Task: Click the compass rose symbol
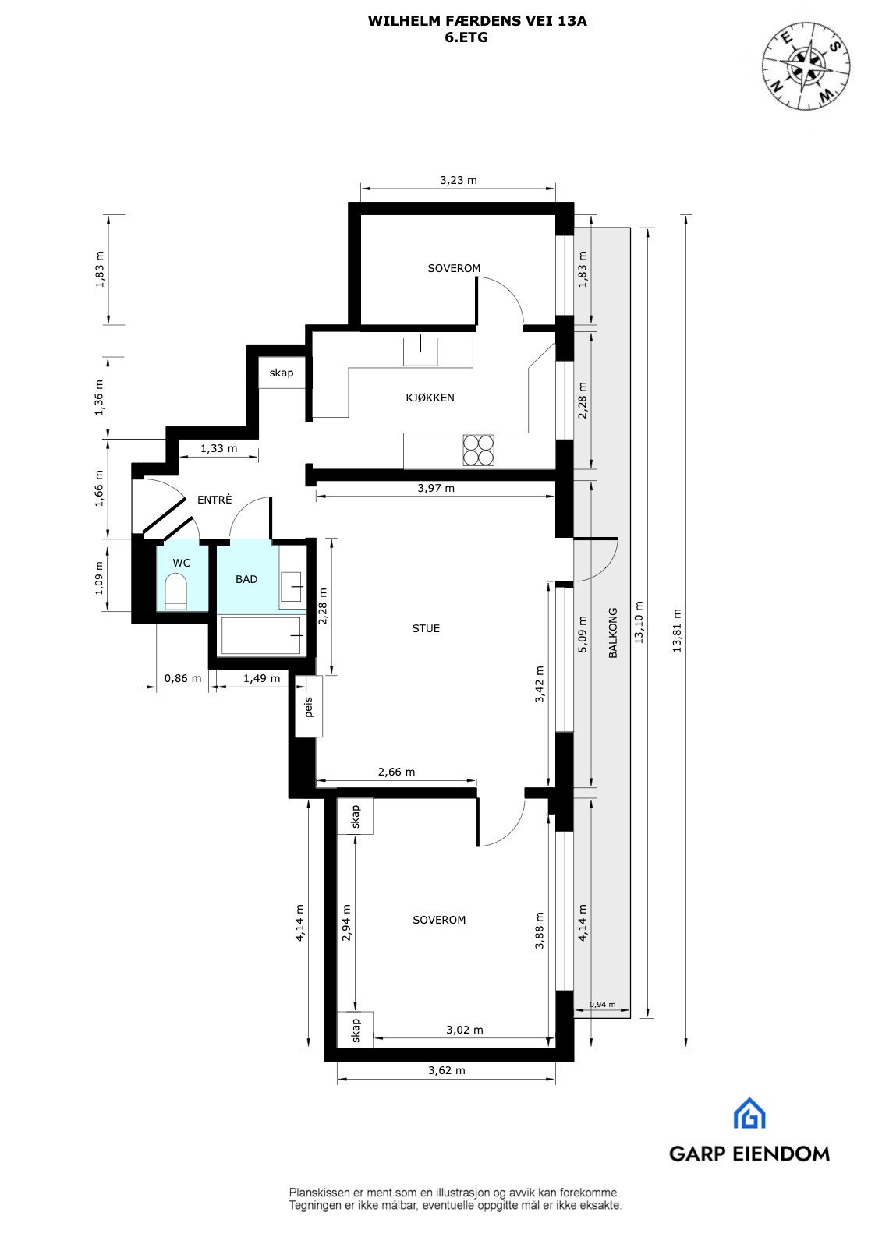pos(806,64)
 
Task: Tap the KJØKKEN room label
pos(430,398)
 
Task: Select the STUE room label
pos(426,628)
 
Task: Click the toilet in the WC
pos(176,592)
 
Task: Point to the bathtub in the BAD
pos(262,635)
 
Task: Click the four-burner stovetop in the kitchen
pos(478,450)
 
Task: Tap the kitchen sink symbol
pos(420,351)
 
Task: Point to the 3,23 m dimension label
pos(458,180)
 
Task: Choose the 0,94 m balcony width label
pos(602,1005)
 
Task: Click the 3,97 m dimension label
pos(436,489)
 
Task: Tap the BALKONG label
pos(613,633)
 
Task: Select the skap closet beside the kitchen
pos(282,373)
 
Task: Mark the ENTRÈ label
pos(214,500)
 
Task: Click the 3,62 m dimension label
pos(447,1070)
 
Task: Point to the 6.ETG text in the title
pos(466,37)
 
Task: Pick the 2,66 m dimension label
pos(396,772)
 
